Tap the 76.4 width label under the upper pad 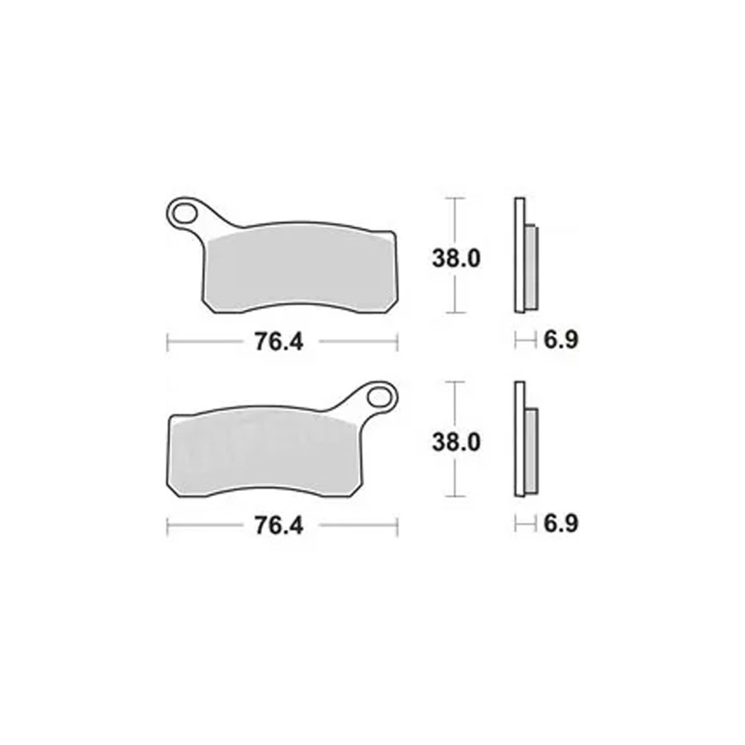point(279,342)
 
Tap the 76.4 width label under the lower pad point(279,525)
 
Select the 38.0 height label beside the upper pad point(456,259)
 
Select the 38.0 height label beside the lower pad point(456,443)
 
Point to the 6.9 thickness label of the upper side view point(561,340)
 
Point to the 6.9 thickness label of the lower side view point(561,524)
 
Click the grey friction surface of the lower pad point(266,454)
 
